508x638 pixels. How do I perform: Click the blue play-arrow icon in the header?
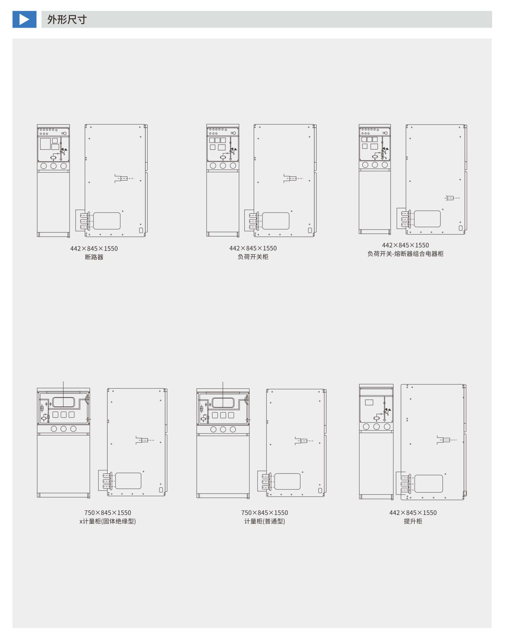(24, 19)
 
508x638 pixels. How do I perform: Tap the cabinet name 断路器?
(94, 257)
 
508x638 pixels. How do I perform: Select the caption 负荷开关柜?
(253, 257)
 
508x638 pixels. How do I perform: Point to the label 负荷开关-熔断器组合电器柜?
(405, 254)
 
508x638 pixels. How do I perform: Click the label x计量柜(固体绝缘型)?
(108, 521)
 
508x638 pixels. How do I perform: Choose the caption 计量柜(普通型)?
(264, 521)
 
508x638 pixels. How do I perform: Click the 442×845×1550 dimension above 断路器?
(94, 249)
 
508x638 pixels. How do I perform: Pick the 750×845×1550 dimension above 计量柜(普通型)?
(264, 513)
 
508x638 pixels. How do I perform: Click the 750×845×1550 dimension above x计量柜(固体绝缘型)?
(108, 513)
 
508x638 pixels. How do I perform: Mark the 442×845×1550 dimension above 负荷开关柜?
(253, 248)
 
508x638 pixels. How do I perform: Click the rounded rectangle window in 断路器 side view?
(107, 221)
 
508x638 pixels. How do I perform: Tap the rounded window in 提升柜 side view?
(428, 484)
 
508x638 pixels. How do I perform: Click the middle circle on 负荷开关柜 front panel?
(223, 166)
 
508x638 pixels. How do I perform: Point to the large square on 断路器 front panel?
(45, 144)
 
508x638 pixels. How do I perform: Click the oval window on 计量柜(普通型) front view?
(223, 403)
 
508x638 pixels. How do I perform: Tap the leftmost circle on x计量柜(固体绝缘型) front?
(54, 429)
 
